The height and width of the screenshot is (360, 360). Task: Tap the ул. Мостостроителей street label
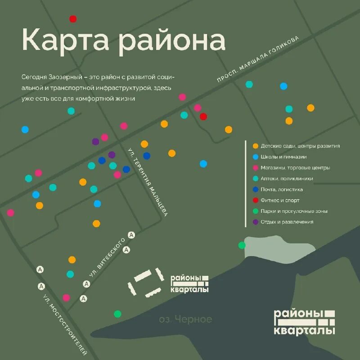(65, 324)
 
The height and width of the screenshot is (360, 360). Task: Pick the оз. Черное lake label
(185, 319)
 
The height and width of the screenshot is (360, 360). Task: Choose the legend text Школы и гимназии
(283, 157)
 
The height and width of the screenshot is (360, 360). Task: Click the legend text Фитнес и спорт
(280, 200)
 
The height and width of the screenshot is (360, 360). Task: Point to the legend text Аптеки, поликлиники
(287, 179)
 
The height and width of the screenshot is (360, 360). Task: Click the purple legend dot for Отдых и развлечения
(256, 222)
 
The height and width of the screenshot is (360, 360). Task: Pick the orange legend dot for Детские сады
(256, 146)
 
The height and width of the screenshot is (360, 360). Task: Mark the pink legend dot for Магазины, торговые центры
(256, 168)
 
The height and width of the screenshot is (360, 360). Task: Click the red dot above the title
(73, 19)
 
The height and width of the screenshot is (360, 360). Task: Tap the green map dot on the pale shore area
(242, 245)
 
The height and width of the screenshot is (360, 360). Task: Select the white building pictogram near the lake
(146, 283)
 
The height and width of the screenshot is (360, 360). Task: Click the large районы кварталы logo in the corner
(305, 322)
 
